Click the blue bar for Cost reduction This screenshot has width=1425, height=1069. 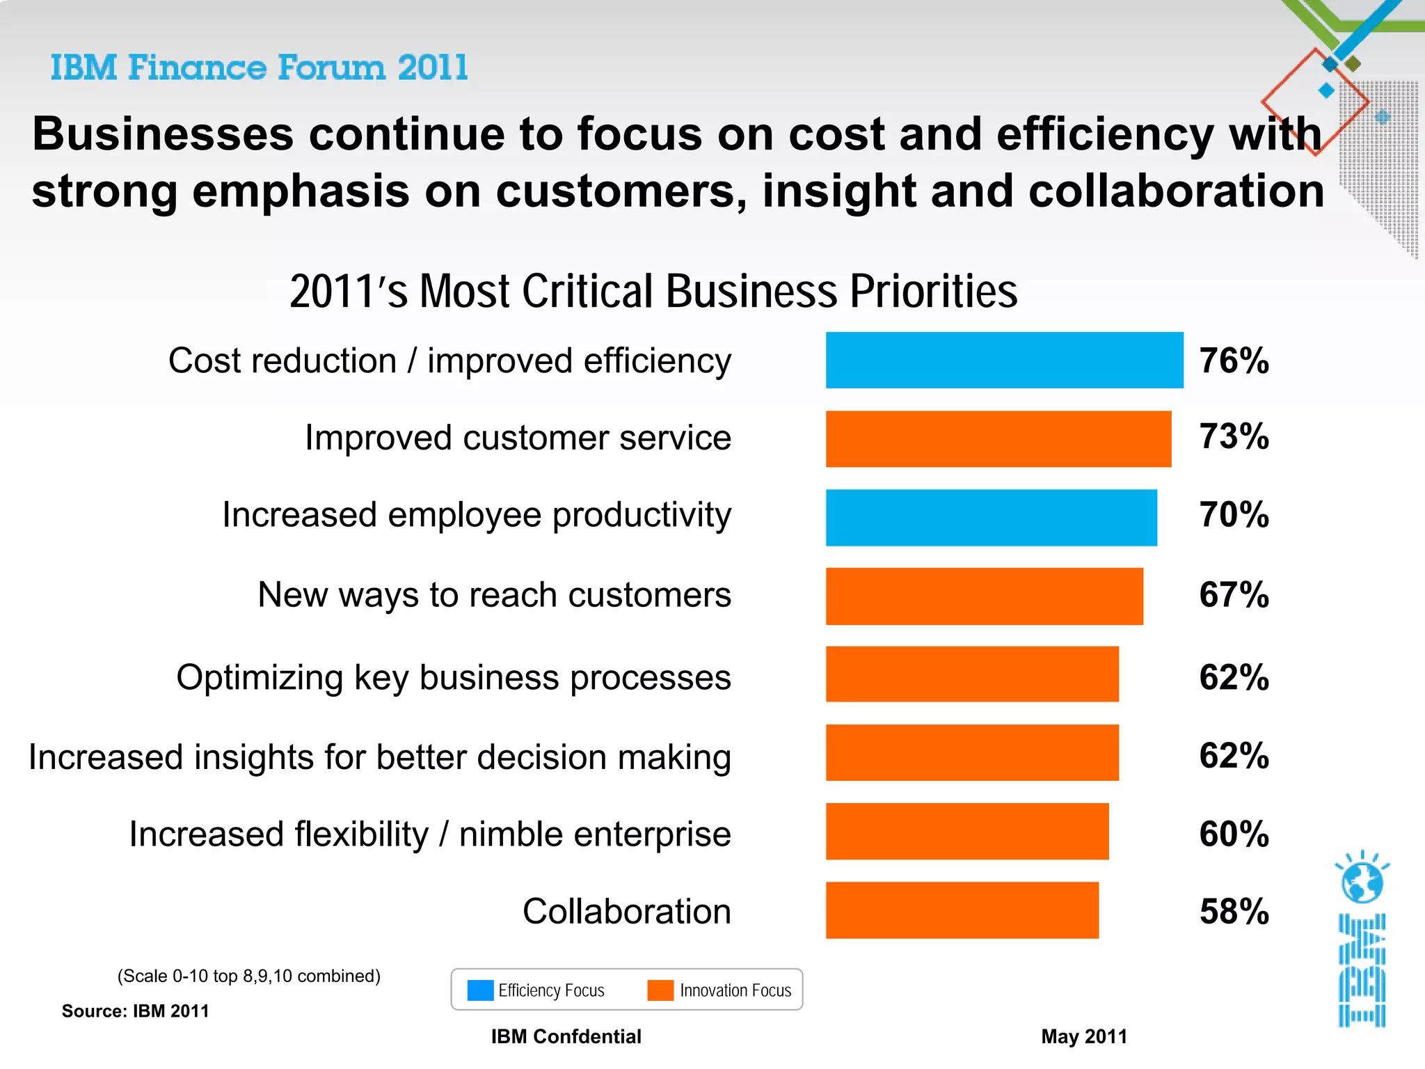coord(1004,360)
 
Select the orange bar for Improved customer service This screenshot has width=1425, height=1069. coord(998,438)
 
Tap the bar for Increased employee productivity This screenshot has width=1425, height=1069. coord(991,517)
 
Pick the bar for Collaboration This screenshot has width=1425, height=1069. coord(962,910)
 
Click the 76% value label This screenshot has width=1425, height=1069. coord(1234,361)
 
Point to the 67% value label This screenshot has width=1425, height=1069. coord(1234,594)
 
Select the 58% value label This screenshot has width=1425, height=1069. coord(1234,911)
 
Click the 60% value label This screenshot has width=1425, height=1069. coord(1234,833)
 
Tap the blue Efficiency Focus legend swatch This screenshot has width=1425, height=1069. coord(480,990)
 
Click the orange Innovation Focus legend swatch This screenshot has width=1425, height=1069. coord(660,990)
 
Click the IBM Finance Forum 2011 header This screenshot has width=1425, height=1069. coord(259,68)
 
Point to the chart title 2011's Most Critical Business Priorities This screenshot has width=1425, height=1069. coord(653,291)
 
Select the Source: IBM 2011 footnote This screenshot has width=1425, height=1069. coord(135,1011)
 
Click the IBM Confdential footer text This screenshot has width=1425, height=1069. coord(566,1036)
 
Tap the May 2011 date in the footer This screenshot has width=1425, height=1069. coord(1083,1036)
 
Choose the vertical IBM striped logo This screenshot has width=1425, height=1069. coord(1362,970)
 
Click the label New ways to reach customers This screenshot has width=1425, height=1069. coord(494,595)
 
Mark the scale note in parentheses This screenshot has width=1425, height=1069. coord(248,976)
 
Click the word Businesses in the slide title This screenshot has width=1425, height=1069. coord(163,134)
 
